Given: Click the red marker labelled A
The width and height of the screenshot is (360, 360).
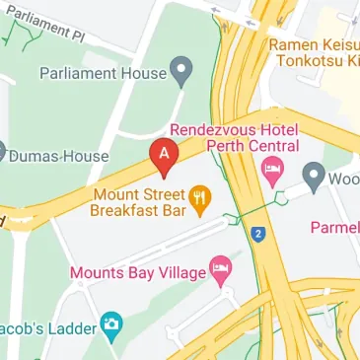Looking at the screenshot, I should click(x=164, y=154).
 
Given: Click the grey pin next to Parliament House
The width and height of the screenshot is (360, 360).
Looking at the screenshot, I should click(x=180, y=70).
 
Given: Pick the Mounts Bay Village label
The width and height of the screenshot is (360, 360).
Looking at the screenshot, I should click(x=136, y=271).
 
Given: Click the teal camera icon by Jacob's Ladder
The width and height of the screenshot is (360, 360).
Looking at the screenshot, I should click(x=113, y=324).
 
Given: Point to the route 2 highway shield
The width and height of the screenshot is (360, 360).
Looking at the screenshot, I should click(x=258, y=234).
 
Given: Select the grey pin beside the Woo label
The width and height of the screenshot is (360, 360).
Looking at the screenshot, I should click(x=315, y=179).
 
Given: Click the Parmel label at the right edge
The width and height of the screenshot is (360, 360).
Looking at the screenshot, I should click(x=334, y=227).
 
